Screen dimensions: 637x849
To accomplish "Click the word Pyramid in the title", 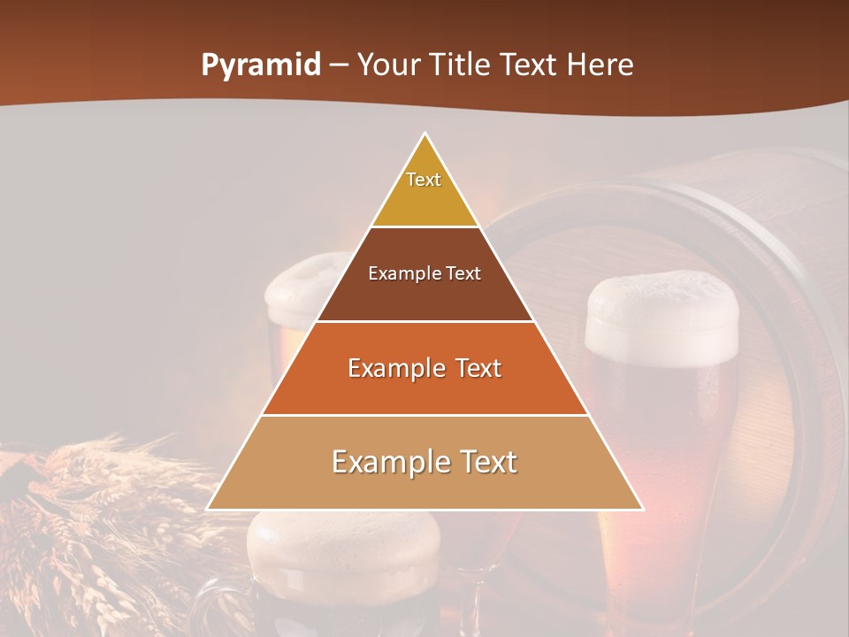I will tap(260, 65).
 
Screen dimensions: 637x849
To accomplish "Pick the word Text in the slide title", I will tap(532, 65).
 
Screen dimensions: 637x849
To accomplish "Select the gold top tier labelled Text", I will tap(424, 190).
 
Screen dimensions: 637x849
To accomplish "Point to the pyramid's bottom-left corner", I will tap(208, 509).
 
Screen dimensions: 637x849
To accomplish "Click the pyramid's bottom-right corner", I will tap(643, 509).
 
